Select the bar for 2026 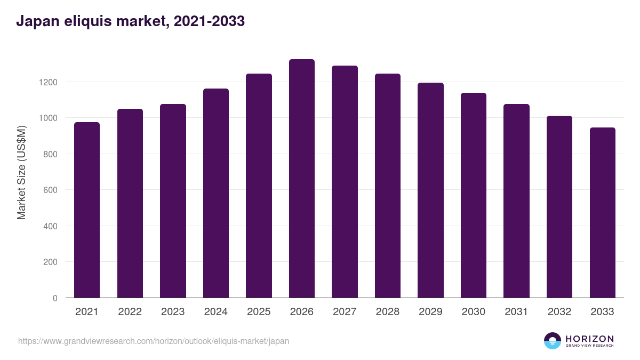click(302, 179)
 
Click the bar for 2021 click(87, 210)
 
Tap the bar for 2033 click(603, 213)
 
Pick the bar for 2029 click(430, 190)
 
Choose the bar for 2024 click(216, 193)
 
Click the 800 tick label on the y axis click(50, 154)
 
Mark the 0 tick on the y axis click(55, 298)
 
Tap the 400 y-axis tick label click(50, 226)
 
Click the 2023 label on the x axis click(173, 312)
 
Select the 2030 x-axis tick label click(474, 312)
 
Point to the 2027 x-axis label click(345, 312)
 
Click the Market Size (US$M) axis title click(21, 172)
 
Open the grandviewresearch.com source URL click(154, 341)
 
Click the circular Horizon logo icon click(553, 341)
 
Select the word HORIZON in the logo click(589, 339)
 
